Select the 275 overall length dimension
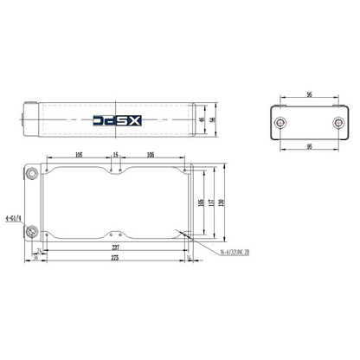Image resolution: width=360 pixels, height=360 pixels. (115, 258)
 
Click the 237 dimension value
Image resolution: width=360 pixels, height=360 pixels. (115, 246)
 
